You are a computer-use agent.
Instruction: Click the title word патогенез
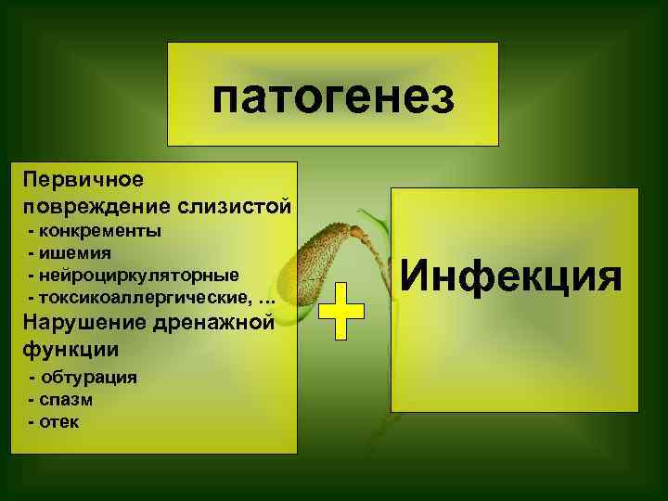(x=333, y=96)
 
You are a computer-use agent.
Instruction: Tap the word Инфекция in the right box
(x=512, y=276)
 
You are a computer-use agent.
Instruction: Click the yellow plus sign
(x=341, y=310)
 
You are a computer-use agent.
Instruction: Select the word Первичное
(x=83, y=177)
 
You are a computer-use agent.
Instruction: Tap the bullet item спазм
(x=67, y=400)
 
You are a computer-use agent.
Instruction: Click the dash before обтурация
(x=33, y=378)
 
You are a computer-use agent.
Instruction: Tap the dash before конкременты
(x=33, y=230)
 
